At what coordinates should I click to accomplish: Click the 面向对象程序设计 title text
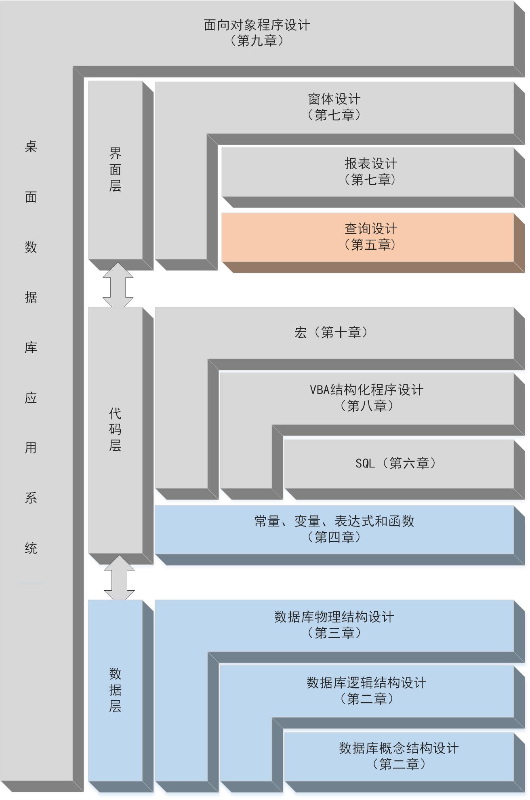(x=257, y=25)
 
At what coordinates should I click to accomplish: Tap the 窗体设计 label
(x=334, y=99)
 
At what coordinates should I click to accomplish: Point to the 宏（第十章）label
(x=331, y=333)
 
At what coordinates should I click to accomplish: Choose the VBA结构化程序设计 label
(x=367, y=390)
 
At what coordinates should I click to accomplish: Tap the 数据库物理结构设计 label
(x=334, y=617)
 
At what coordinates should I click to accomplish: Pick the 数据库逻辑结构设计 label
(x=366, y=683)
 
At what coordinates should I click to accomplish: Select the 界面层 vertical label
(x=115, y=170)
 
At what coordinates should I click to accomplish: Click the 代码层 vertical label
(x=115, y=429)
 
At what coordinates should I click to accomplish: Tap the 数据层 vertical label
(x=115, y=690)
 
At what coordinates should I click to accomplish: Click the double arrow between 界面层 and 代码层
(x=118, y=284)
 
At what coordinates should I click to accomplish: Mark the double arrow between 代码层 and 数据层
(x=119, y=577)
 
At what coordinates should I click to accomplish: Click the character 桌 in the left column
(x=31, y=146)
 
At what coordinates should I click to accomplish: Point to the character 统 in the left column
(x=31, y=548)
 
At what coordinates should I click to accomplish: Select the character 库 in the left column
(x=31, y=347)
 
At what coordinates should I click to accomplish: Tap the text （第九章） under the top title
(x=257, y=41)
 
